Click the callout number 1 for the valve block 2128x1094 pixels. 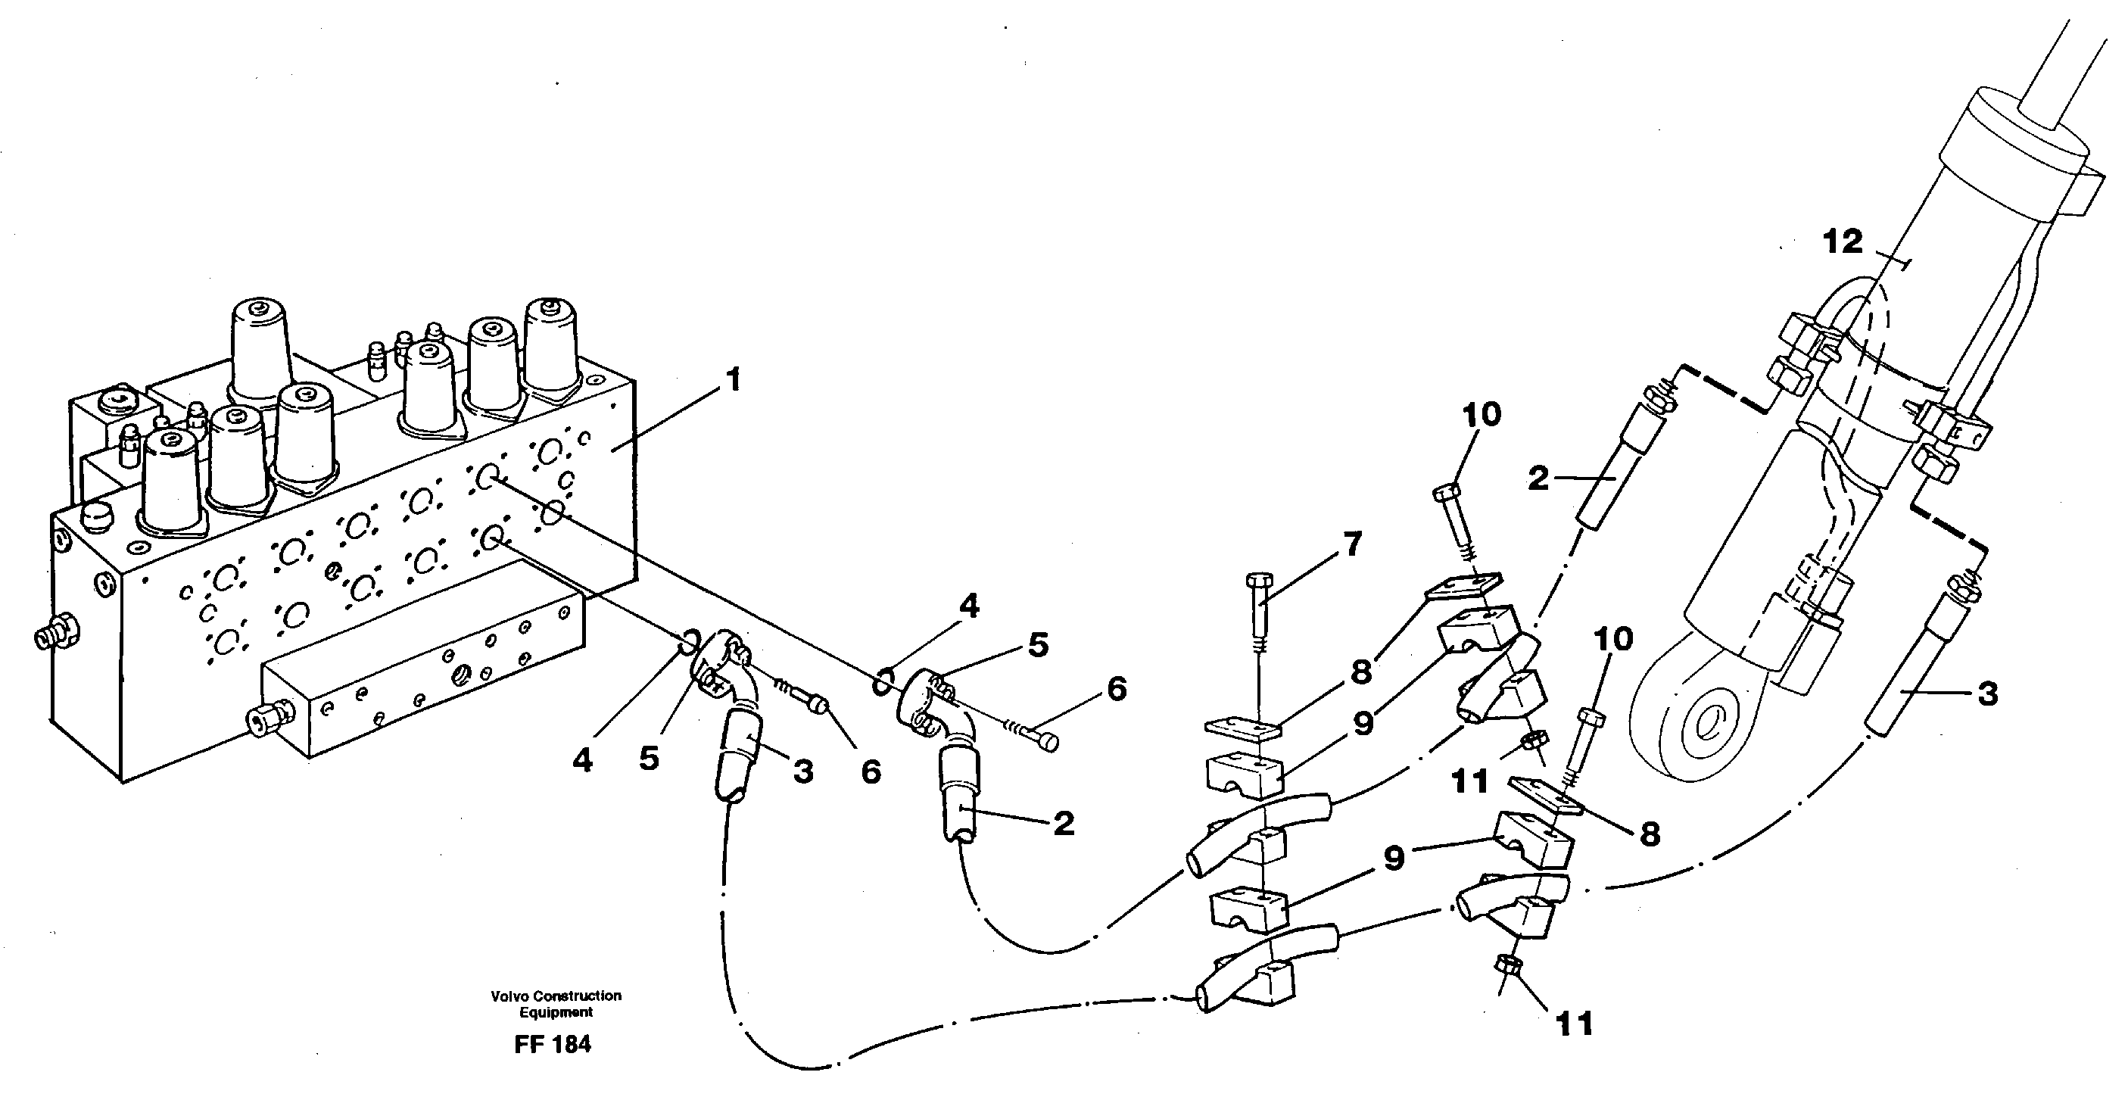(733, 381)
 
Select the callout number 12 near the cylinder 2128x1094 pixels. (1843, 242)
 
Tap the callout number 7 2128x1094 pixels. (1352, 544)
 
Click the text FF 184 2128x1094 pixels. (553, 1045)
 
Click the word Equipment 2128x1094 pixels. (556, 1012)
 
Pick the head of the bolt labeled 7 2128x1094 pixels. (1258, 580)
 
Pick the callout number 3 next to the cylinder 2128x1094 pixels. (1987, 693)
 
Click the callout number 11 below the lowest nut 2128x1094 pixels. (1574, 1024)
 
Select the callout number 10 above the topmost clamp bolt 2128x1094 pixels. (1481, 415)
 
